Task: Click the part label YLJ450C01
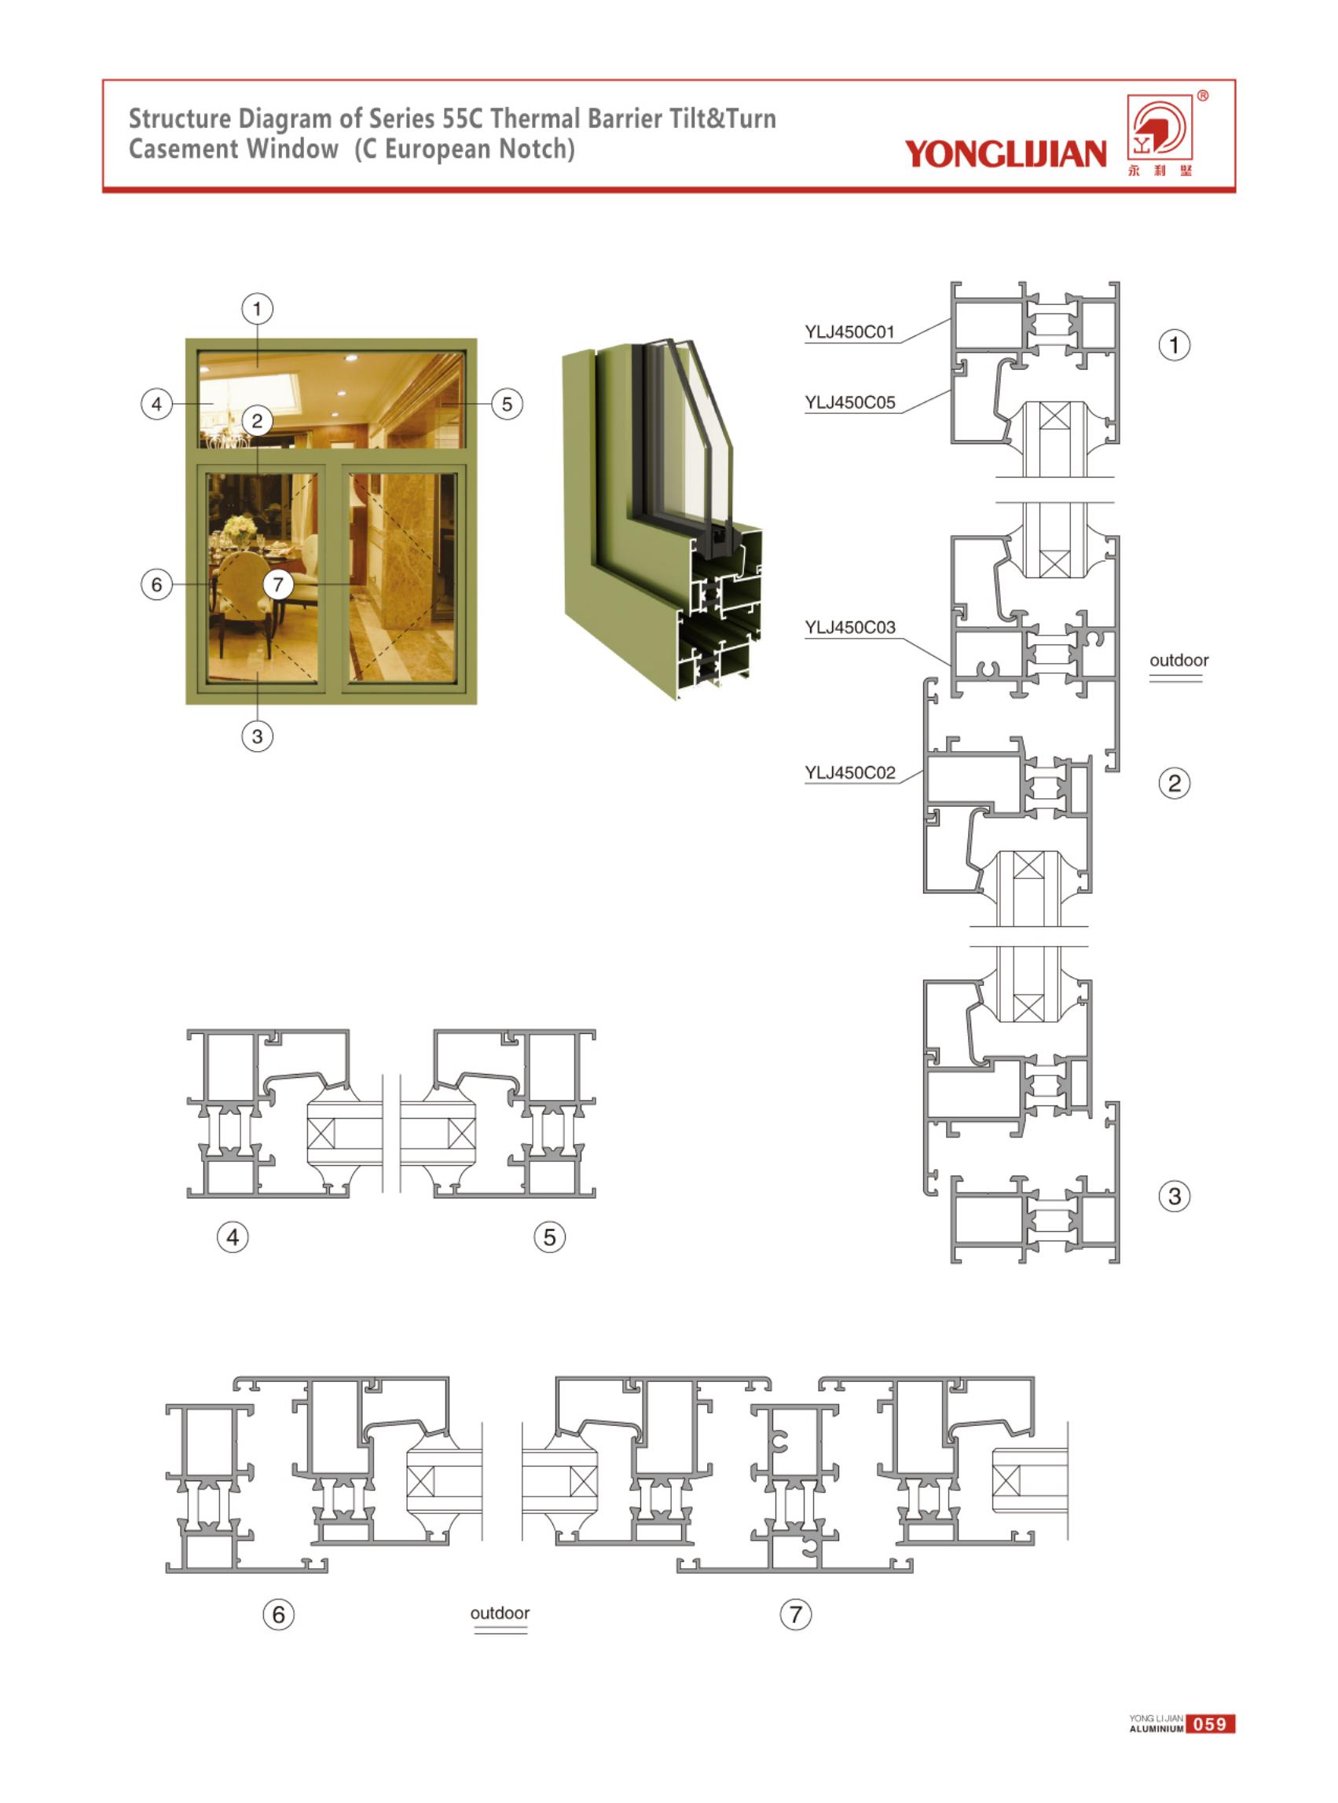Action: tap(849, 332)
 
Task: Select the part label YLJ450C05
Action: tap(849, 402)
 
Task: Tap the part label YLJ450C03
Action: tap(849, 628)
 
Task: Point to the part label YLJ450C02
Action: tap(849, 773)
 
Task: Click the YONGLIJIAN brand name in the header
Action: tap(1005, 154)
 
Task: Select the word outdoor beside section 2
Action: tap(1179, 660)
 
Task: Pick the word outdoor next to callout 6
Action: tap(500, 1613)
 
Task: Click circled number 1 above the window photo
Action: tap(258, 309)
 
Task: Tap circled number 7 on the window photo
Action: tap(279, 584)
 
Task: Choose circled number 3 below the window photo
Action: tap(258, 736)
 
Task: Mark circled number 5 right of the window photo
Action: tap(507, 403)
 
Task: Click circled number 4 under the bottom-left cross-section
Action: tap(233, 1237)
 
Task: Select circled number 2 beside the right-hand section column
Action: tap(1175, 783)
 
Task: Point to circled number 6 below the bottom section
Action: tap(279, 1614)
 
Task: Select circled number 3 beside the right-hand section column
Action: tap(1175, 1197)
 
